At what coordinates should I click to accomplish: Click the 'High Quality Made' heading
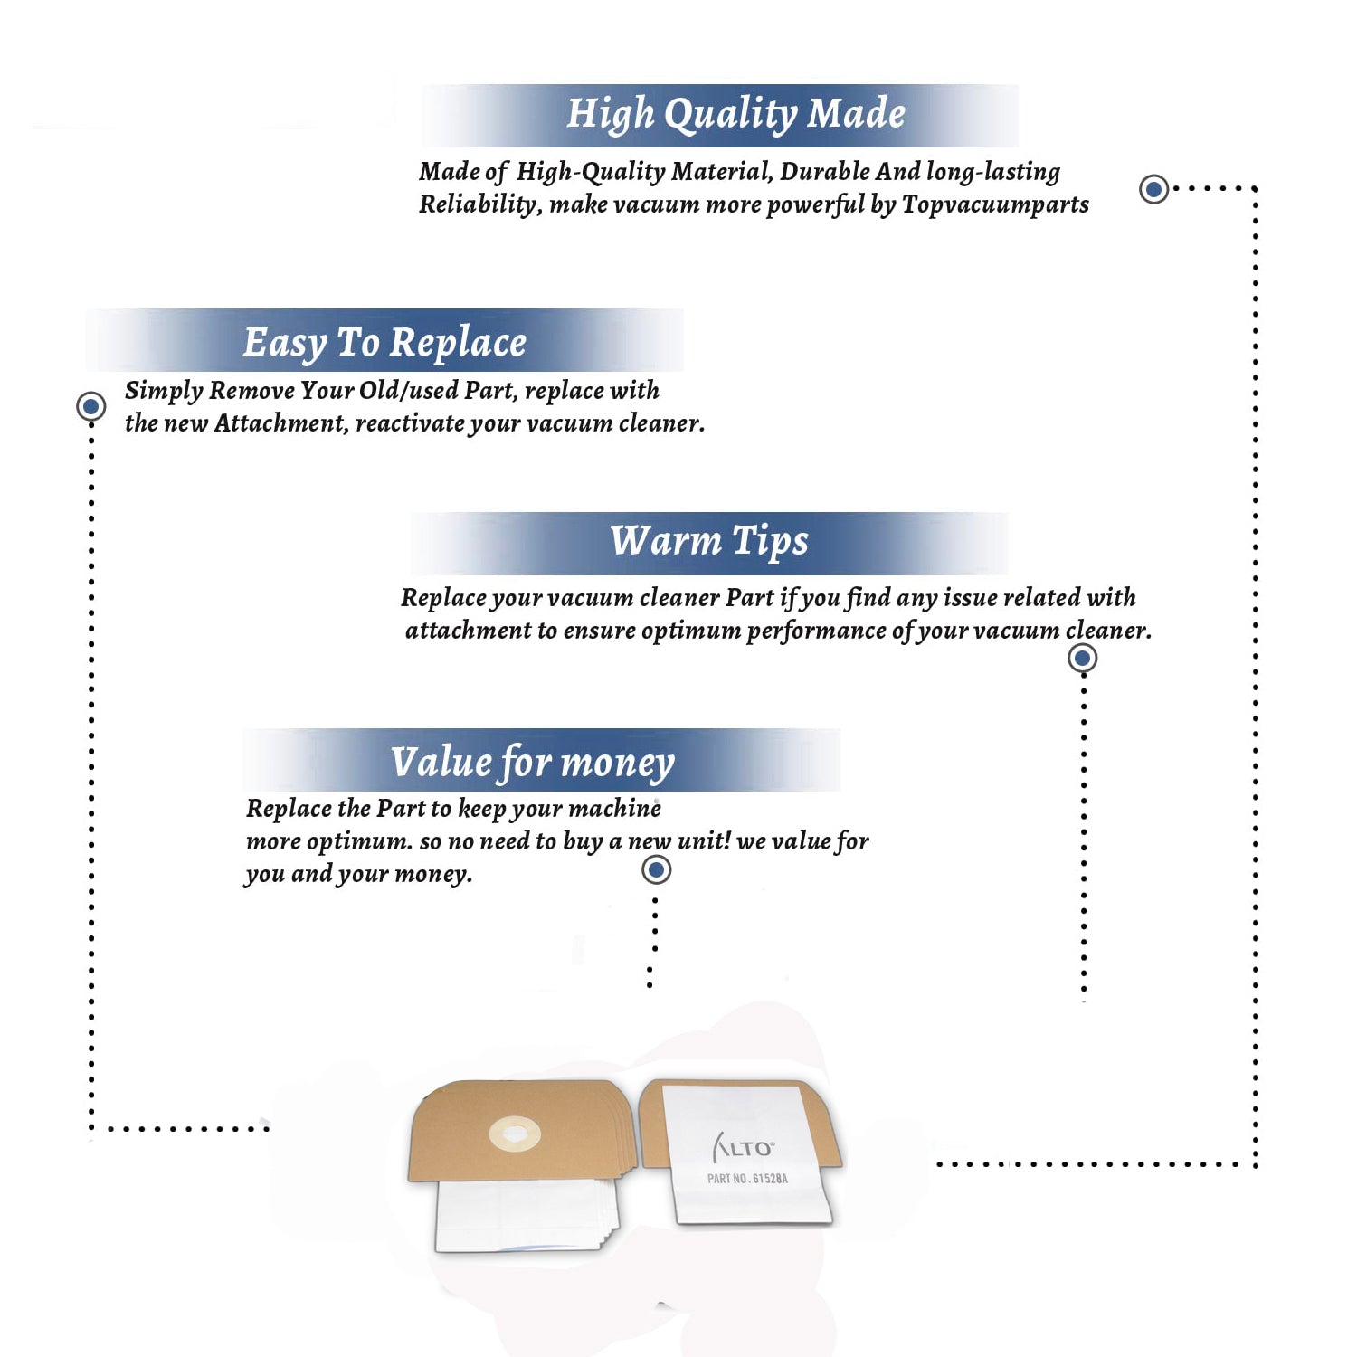click(x=735, y=115)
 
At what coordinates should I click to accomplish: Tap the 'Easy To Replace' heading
click(x=384, y=344)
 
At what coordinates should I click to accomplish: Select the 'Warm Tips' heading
click(x=709, y=542)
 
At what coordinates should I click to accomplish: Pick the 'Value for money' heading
click(x=533, y=763)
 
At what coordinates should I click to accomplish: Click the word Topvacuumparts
click(x=995, y=205)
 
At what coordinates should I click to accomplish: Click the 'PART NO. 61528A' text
click(x=747, y=1179)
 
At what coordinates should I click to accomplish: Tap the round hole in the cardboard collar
click(x=515, y=1134)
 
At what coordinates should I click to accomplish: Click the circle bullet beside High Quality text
click(x=1153, y=189)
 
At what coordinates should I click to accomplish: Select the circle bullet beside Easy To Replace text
click(x=90, y=406)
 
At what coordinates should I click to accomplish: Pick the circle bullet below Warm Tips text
click(x=1082, y=658)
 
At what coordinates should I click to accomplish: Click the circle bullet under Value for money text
click(x=656, y=870)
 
